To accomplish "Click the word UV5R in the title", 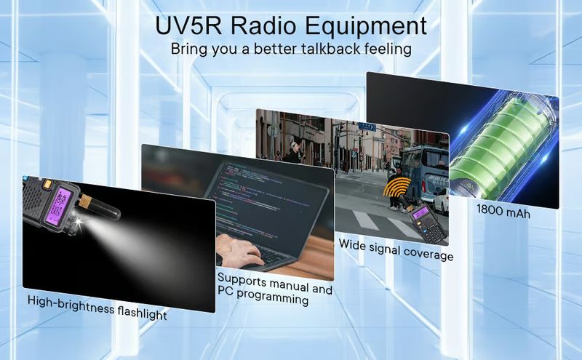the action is click(x=188, y=25).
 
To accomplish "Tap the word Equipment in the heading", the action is click(x=366, y=27).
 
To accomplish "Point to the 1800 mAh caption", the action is click(x=503, y=212).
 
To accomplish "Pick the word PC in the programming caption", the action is click(x=226, y=291).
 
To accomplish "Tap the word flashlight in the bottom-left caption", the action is click(x=142, y=313).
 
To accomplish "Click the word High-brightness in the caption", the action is click(x=71, y=304).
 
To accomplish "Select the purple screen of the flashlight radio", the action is click(x=58, y=206).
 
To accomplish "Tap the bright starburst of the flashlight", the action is click(x=79, y=222).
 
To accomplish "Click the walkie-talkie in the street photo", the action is click(x=427, y=222).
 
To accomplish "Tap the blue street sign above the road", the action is click(x=367, y=127).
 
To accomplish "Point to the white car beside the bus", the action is click(x=441, y=201).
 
